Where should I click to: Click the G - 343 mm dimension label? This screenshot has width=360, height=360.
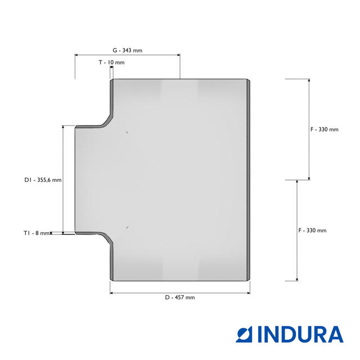click(x=128, y=50)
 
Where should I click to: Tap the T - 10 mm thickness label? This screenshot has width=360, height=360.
click(x=111, y=62)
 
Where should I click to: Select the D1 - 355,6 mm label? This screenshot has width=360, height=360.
click(x=43, y=180)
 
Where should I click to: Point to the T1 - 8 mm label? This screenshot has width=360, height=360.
click(x=37, y=233)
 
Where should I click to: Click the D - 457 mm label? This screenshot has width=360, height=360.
click(x=180, y=298)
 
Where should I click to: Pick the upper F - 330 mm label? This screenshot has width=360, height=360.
click(x=325, y=129)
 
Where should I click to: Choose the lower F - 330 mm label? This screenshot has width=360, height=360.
click(x=312, y=230)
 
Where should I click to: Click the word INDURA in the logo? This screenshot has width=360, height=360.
click(x=300, y=334)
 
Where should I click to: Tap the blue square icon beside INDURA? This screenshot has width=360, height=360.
click(x=244, y=334)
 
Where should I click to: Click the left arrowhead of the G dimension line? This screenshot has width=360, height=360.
click(x=76, y=55)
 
